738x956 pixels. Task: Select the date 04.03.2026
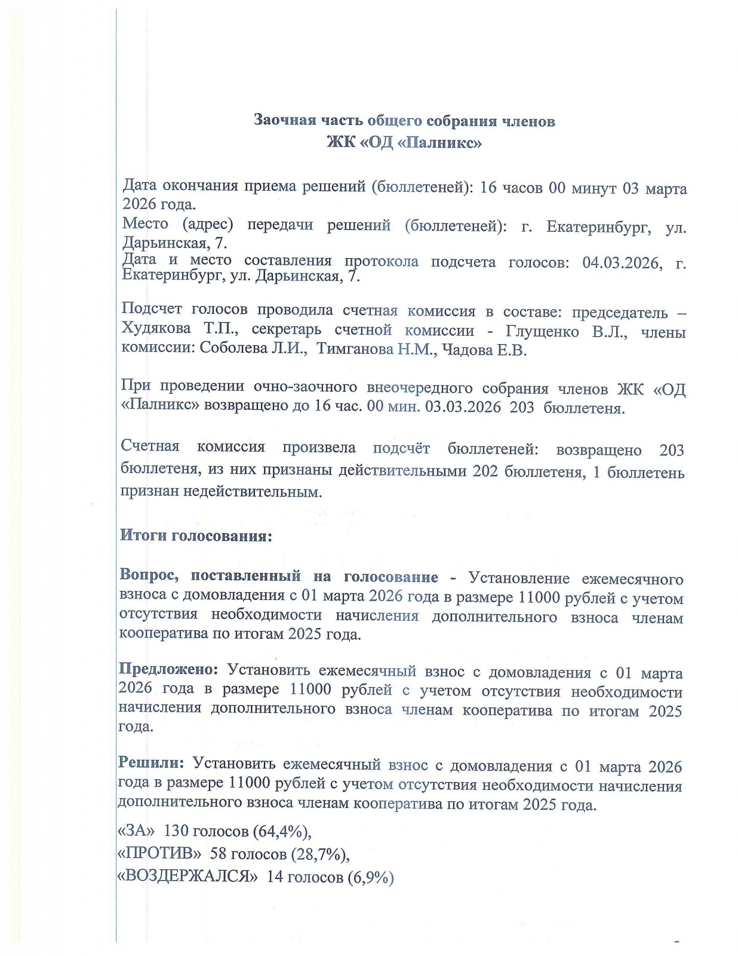point(622,263)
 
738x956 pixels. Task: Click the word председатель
point(619,312)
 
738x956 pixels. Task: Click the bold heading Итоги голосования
point(196,535)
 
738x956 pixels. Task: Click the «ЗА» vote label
point(136,830)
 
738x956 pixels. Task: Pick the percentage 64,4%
point(282,831)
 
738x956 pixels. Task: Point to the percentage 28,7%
point(319,854)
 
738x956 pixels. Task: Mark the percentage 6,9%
point(370,877)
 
